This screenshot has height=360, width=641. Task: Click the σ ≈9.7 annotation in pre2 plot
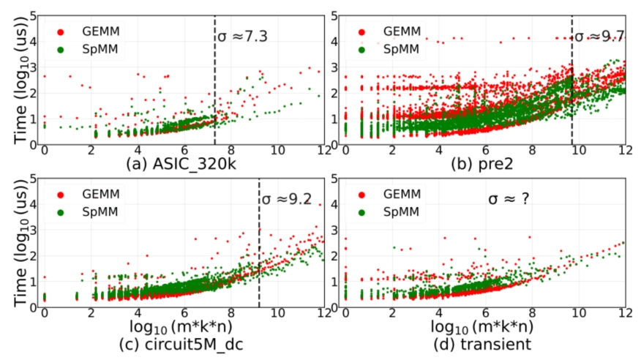coord(599,36)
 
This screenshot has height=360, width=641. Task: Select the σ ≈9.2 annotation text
coord(288,199)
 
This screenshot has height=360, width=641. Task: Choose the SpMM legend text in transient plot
coord(392,213)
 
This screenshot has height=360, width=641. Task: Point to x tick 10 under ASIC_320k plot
coord(277,151)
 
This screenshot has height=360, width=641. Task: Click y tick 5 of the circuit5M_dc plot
coord(33,177)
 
